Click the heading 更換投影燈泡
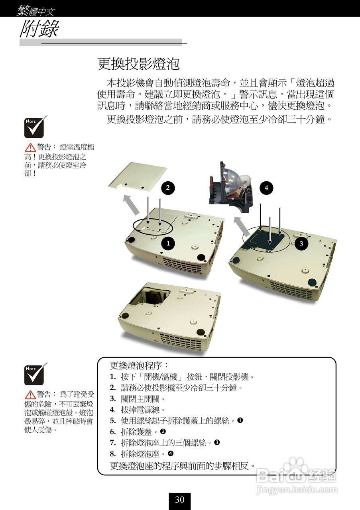point(138,64)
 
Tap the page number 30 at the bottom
point(179,500)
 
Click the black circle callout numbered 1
point(168,243)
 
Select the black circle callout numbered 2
point(168,188)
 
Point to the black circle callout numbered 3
point(301,243)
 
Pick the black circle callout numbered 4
point(266,188)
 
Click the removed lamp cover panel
point(138,176)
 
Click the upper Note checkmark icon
point(35,127)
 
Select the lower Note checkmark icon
point(35,374)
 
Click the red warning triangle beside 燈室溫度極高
point(30,148)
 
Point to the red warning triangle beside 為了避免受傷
point(30,395)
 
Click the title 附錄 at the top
point(39,29)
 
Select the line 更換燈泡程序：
point(139,365)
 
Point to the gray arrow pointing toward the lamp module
point(241,227)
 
